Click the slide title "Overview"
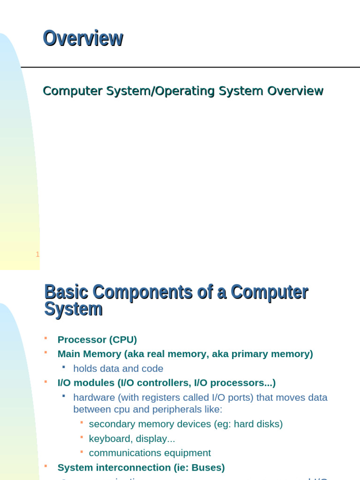(x=83, y=38)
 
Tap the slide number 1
(x=37, y=255)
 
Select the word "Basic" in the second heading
(x=66, y=292)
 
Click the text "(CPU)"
(x=122, y=339)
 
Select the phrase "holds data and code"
(x=118, y=368)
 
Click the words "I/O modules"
(x=86, y=382)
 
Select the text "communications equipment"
(x=150, y=453)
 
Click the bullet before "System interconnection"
(x=45, y=466)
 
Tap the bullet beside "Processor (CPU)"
(x=45, y=338)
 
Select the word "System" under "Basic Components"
(x=73, y=310)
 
